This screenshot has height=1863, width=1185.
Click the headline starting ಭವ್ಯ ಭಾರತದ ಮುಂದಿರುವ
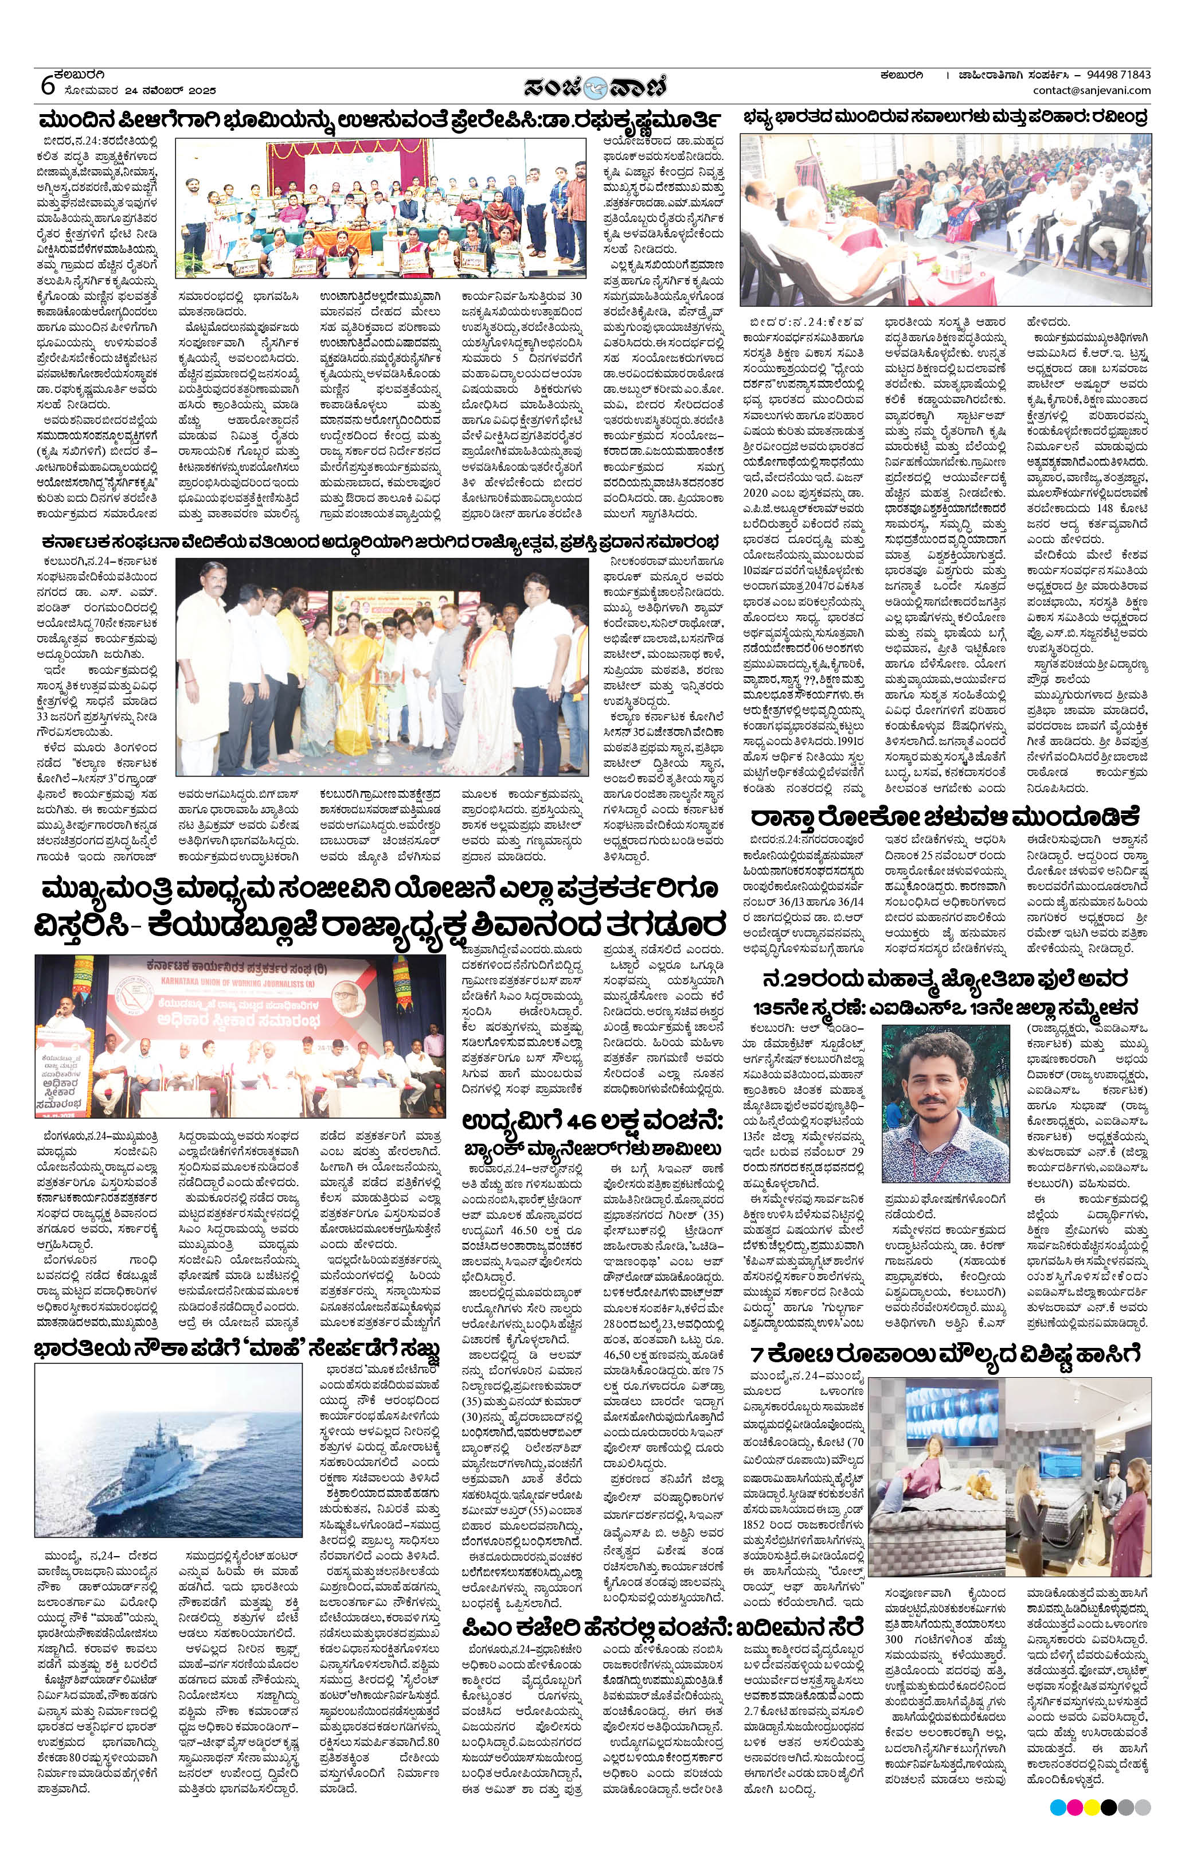click(x=945, y=118)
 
